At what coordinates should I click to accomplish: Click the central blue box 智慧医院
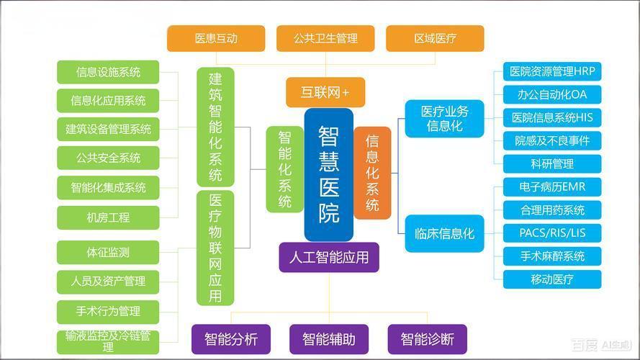(x=328, y=174)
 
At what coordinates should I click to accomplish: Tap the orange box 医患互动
(x=216, y=38)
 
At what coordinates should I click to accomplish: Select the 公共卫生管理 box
(x=325, y=38)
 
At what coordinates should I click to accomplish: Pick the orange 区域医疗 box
(x=435, y=38)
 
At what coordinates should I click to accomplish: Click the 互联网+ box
(x=325, y=92)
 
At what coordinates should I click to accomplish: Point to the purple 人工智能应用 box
(x=328, y=257)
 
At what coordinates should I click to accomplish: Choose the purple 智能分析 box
(x=230, y=338)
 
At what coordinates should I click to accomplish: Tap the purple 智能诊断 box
(x=427, y=338)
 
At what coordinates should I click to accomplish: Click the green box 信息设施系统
(x=108, y=72)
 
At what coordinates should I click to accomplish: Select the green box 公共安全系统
(x=108, y=158)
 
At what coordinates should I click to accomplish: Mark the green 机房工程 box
(x=108, y=217)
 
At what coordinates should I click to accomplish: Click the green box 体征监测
(x=108, y=253)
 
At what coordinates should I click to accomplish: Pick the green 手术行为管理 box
(x=108, y=311)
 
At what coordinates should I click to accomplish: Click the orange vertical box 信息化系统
(x=372, y=173)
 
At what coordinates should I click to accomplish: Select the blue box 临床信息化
(x=444, y=233)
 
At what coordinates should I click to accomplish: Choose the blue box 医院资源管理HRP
(x=552, y=71)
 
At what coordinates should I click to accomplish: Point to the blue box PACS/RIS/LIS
(x=552, y=233)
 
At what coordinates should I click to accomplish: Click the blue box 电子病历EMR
(x=552, y=187)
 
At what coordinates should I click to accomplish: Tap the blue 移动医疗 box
(x=552, y=279)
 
